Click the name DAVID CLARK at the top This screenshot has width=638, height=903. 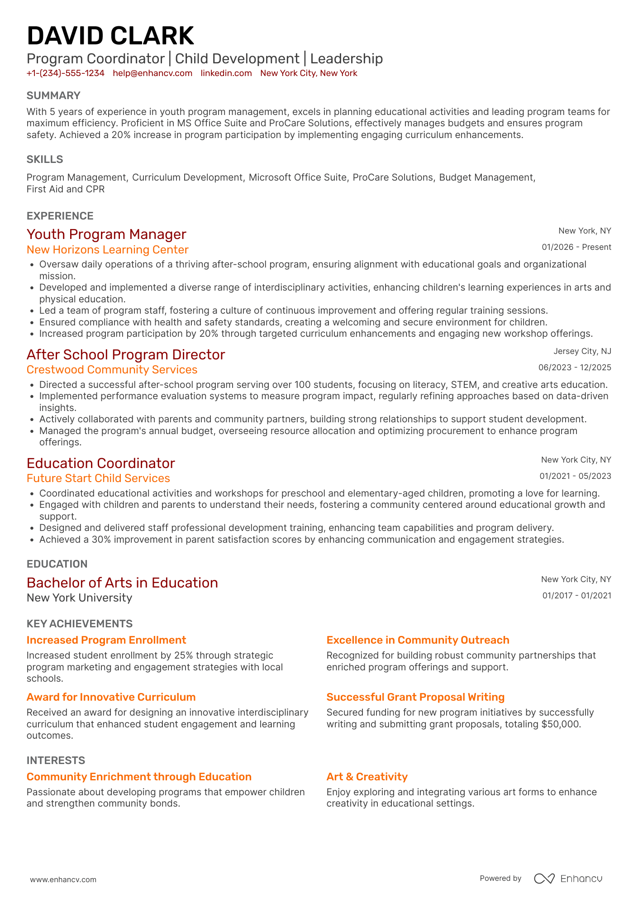pyautogui.click(x=110, y=36)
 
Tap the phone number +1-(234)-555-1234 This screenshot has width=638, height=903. pyautogui.click(x=65, y=73)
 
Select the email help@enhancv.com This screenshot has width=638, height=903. pyautogui.click(x=152, y=73)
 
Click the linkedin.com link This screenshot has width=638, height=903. pyautogui.click(x=226, y=73)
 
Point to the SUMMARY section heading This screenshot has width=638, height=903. pyautogui.click(x=53, y=96)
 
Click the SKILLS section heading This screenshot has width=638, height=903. pyautogui.click(x=45, y=159)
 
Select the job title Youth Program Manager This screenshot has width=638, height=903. pyautogui.click(x=106, y=234)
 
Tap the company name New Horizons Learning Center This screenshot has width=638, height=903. pyautogui.click(x=107, y=250)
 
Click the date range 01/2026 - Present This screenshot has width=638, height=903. pyautogui.click(x=576, y=247)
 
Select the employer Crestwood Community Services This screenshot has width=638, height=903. pyautogui.click(x=112, y=370)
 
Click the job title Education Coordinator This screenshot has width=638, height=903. pyautogui.click(x=100, y=463)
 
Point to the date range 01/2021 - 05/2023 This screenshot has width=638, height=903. pyautogui.click(x=575, y=476)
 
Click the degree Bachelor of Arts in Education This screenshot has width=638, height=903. pyautogui.click(x=122, y=583)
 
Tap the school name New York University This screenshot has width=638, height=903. pyautogui.click(x=79, y=598)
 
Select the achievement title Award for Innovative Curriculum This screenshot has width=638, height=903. pyautogui.click(x=111, y=697)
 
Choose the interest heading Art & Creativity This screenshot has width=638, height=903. pyautogui.click(x=367, y=777)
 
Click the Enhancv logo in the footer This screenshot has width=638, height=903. pyautogui.click(x=568, y=879)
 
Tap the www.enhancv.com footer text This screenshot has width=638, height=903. pyautogui.click(x=63, y=879)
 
